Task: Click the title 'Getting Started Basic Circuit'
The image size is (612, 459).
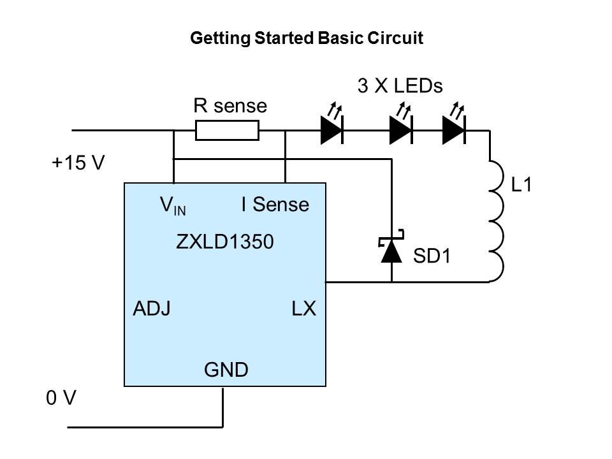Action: point(307,38)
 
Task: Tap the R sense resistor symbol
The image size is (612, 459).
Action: point(227,131)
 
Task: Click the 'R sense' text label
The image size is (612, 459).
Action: point(230,106)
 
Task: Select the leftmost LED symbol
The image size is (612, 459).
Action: point(331,129)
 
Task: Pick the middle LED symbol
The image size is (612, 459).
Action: point(400,129)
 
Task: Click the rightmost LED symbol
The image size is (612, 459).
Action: point(453,129)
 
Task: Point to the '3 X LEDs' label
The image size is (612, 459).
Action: point(400,86)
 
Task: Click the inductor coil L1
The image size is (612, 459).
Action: point(496,220)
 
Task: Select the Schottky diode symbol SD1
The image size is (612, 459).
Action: point(391,251)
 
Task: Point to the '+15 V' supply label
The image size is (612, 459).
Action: point(78,163)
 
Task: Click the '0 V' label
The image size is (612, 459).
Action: point(61,398)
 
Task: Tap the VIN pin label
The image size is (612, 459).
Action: point(173,205)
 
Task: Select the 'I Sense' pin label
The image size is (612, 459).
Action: point(275,205)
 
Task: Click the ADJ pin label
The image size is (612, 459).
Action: point(151,309)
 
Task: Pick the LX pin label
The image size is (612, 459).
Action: point(303,309)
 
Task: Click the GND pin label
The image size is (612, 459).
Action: point(226,369)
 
